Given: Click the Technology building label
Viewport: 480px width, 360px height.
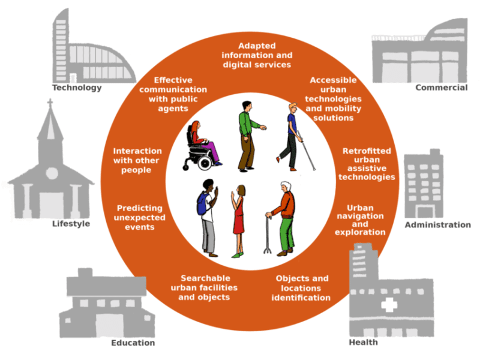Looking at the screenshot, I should (x=77, y=88).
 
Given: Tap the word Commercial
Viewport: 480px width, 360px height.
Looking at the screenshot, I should (x=441, y=88).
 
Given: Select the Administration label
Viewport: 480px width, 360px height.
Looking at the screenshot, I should (x=437, y=225).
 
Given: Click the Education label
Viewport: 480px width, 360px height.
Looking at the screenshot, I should (x=133, y=343).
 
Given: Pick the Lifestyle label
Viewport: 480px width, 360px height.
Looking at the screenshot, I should (x=71, y=224).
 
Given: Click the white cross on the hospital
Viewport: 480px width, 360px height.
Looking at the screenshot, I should (x=388, y=305).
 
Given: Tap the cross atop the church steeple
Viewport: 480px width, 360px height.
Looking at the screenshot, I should (x=50, y=104).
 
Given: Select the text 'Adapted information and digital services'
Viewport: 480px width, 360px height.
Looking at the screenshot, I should (x=256, y=55).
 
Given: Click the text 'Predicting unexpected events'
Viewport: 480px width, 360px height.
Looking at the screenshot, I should (x=140, y=217).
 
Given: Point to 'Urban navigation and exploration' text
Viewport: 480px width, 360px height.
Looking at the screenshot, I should (x=359, y=220).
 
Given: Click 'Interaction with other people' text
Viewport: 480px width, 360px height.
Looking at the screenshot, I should (x=137, y=160).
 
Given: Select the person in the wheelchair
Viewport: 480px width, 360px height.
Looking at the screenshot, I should (x=200, y=146).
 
